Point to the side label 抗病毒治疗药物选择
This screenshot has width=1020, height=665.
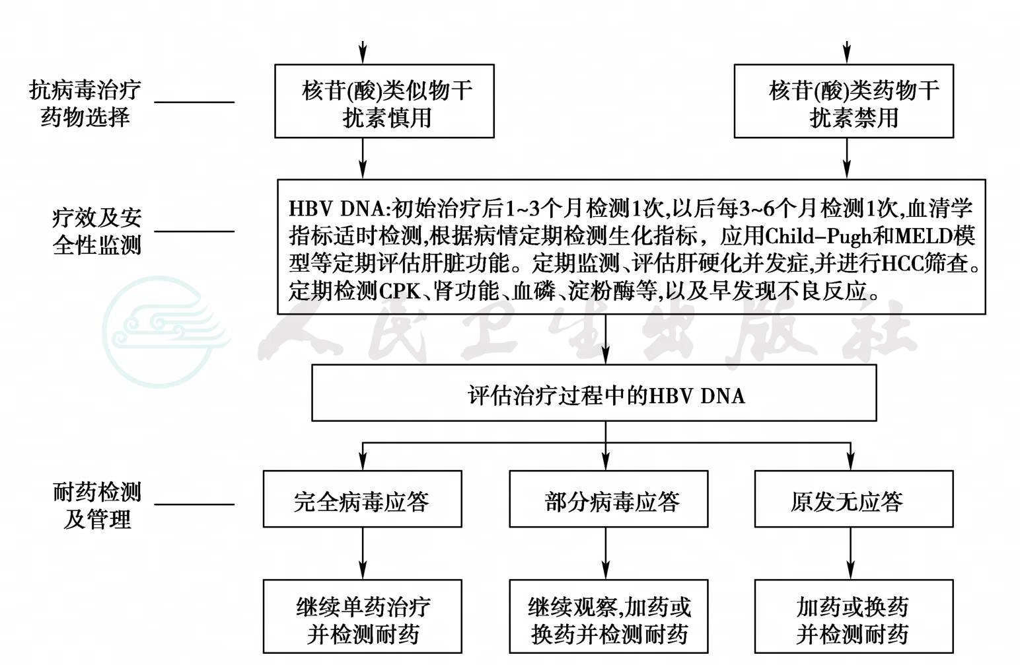pyautogui.click(x=85, y=104)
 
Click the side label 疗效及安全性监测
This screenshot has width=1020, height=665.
pyautogui.click(x=96, y=231)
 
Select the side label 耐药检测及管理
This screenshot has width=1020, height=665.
pyautogui.click(x=96, y=506)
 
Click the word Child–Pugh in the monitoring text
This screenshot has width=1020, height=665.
pyautogui.click(x=819, y=237)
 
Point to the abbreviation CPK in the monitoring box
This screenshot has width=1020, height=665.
pyautogui.click(x=400, y=292)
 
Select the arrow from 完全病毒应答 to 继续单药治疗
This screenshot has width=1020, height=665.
pyautogui.click(x=363, y=553)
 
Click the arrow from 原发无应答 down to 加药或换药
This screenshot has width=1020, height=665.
pyautogui.click(x=851, y=553)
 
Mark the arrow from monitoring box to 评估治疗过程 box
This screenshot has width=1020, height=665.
pyautogui.click(x=606, y=339)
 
